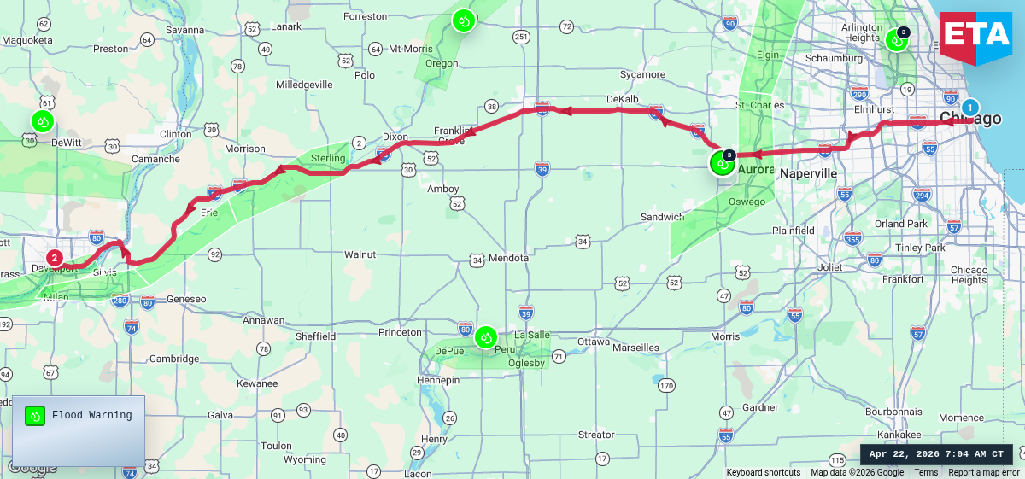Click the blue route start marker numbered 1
coord(970,108)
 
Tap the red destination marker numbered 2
coord(55,257)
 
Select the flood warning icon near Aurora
coord(722,163)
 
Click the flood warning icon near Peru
coord(486,337)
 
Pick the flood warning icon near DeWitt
coord(42,121)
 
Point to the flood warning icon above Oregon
coord(463,20)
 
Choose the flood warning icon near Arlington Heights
coord(896,39)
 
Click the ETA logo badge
coord(975,34)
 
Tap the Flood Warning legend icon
coord(35,416)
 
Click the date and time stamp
coord(936,454)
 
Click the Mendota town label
coord(508,258)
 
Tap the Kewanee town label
coord(258,383)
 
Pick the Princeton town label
coord(401,332)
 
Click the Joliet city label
coord(829,267)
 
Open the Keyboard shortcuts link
coord(763,472)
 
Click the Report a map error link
coord(983,472)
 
